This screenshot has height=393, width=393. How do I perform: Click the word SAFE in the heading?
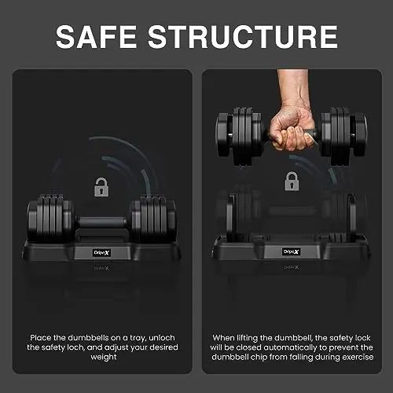pyautogui.click(x=96, y=37)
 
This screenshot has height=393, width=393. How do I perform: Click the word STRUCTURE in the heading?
pyautogui.click(x=243, y=37)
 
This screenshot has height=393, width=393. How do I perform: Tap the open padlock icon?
pyautogui.click(x=101, y=187)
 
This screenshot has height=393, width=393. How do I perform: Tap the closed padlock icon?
pyautogui.click(x=292, y=181)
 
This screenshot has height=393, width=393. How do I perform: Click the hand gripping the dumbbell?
pyautogui.click(x=291, y=128)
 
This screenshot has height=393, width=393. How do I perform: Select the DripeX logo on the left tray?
pyautogui.click(x=101, y=253)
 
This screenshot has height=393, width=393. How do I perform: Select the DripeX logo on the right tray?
pyautogui.click(x=291, y=252)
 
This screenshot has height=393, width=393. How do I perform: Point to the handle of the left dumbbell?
pyautogui.click(x=102, y=222)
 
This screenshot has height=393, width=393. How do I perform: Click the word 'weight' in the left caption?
pyautogui.click(x=104, y=357)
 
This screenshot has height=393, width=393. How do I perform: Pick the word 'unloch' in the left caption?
pyautogui.click(x=162, y=337)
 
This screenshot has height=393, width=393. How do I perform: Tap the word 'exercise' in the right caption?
pyautogui.click(x=358, y=357)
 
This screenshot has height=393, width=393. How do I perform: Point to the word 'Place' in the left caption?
pyautogui.click(x=41, y=337)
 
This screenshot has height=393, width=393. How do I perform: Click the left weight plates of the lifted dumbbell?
pyautogui.click(x=239, y=135)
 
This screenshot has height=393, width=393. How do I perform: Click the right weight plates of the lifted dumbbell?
pyautogui.click(x=344, y=136)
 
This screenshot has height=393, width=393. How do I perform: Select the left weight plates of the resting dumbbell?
pyautogui.click(x=50, y=218)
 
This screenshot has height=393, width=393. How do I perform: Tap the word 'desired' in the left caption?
pyautogui.click(x=163, y=347)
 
